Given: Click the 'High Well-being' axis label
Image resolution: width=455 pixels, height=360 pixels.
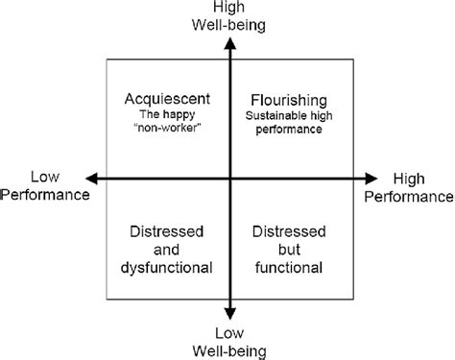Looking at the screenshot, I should pyautogui.click(x=228, y=16).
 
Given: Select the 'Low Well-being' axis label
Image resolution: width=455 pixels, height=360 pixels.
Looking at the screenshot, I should pyautogui.click(x=228, y=343).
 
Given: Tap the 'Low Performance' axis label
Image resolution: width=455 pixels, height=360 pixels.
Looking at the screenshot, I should pyautogui.click(x=45, y=186).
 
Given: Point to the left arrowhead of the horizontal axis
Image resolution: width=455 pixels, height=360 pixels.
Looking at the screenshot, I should pyautogui.click(x=93, y=179).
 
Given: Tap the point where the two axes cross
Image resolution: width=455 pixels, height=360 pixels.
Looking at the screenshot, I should pyautogui.click(x=229, y=179).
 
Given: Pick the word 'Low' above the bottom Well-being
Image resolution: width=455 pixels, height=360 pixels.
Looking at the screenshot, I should pyautogui.click(x=228, y=334).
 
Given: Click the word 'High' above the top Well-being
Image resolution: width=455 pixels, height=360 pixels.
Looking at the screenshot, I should pyautogui.click(x=228, y=8).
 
